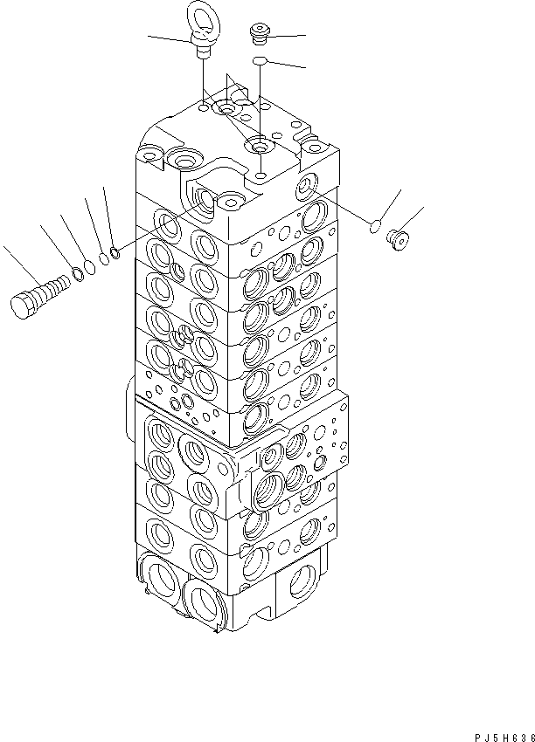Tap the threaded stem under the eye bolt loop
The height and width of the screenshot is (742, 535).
click(x=203, y=51)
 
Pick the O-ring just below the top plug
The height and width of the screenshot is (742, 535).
click(x=258, y=59)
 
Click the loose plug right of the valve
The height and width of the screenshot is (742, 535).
click(x=397, y=238)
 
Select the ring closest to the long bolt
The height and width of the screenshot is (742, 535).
click(x=78, y=274)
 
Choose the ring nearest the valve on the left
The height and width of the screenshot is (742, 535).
click(x=115, y=254)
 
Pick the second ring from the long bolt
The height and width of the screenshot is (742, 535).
click(x=91, y=267)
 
